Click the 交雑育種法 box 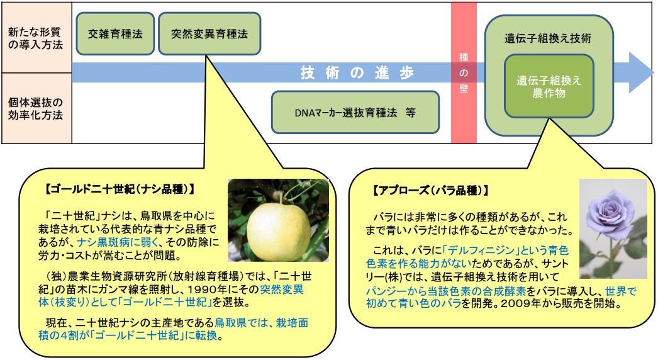tap(115, 33)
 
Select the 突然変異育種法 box tap(209, 33)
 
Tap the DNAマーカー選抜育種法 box tap(355, 112)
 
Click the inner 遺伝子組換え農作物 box tap(549, 86)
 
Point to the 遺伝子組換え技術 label tap(548, 38)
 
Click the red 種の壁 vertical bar tap(464, 72)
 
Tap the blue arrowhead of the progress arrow tap(641, 72)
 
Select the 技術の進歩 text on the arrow tap(357, 72)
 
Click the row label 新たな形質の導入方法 tap(36, 38)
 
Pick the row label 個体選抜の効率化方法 tap(36, 108)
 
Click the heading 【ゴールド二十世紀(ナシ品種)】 tap(120, 189)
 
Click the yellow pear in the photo tap(278, 227)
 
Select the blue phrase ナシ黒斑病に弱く tap(118, 242)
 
